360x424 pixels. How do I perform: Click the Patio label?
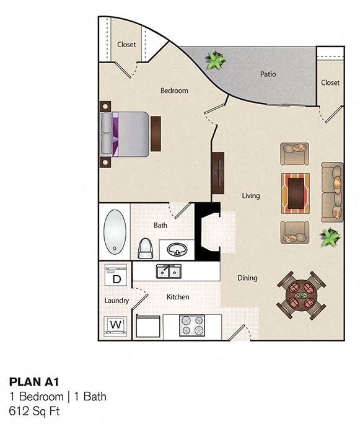(x=268, y=74)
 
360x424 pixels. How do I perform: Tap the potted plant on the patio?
(x=216, y=60)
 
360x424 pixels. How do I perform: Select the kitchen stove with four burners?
(x=192, y=325)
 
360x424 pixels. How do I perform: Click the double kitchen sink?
(x=168, y=272)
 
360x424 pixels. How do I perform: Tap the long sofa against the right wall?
(x=333, y=191)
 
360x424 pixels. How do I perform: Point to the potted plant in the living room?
(x=330, y=236)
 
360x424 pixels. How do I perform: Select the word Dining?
(x=247, y=278)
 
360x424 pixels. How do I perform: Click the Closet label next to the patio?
(x=330, y=82)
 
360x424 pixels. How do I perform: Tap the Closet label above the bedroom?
(x=126, y=45)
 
